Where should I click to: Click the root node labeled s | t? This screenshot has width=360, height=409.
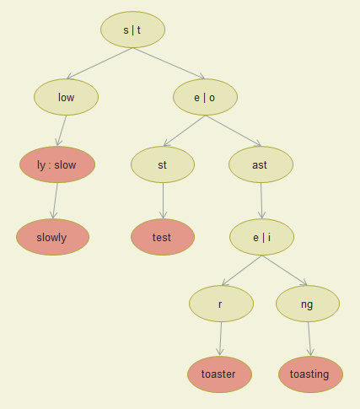click(132, 30)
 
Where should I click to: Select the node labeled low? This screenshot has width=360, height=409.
click(67, 97)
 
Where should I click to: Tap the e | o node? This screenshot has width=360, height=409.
click(205, 97)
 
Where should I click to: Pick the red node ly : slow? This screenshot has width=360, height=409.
click(57, 164)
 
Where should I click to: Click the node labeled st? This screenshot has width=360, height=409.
click(163, 164)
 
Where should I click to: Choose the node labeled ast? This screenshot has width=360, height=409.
click(261, 164)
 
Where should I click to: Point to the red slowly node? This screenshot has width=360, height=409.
click(53, 237)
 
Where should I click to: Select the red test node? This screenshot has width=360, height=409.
click(163, 237)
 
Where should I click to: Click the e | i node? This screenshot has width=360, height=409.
click(262, 237)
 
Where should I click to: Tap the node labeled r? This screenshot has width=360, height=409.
click(222, 304)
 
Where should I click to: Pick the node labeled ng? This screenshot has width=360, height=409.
click(308, 304)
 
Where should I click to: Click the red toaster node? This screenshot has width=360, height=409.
click(220, 374)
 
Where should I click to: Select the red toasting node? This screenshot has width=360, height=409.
click(310, 374)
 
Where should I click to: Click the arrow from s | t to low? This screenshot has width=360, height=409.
click(99, 63)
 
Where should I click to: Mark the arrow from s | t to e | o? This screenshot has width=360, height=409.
click(169, 63)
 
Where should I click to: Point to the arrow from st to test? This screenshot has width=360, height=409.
click(163, 201)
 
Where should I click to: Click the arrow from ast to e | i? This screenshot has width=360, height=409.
click(261, 201)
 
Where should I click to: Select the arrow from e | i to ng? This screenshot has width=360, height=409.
click(284, 271)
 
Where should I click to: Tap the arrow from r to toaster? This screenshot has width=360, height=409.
click(221, 339)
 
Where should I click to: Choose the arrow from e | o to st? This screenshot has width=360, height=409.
click(185, 131)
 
